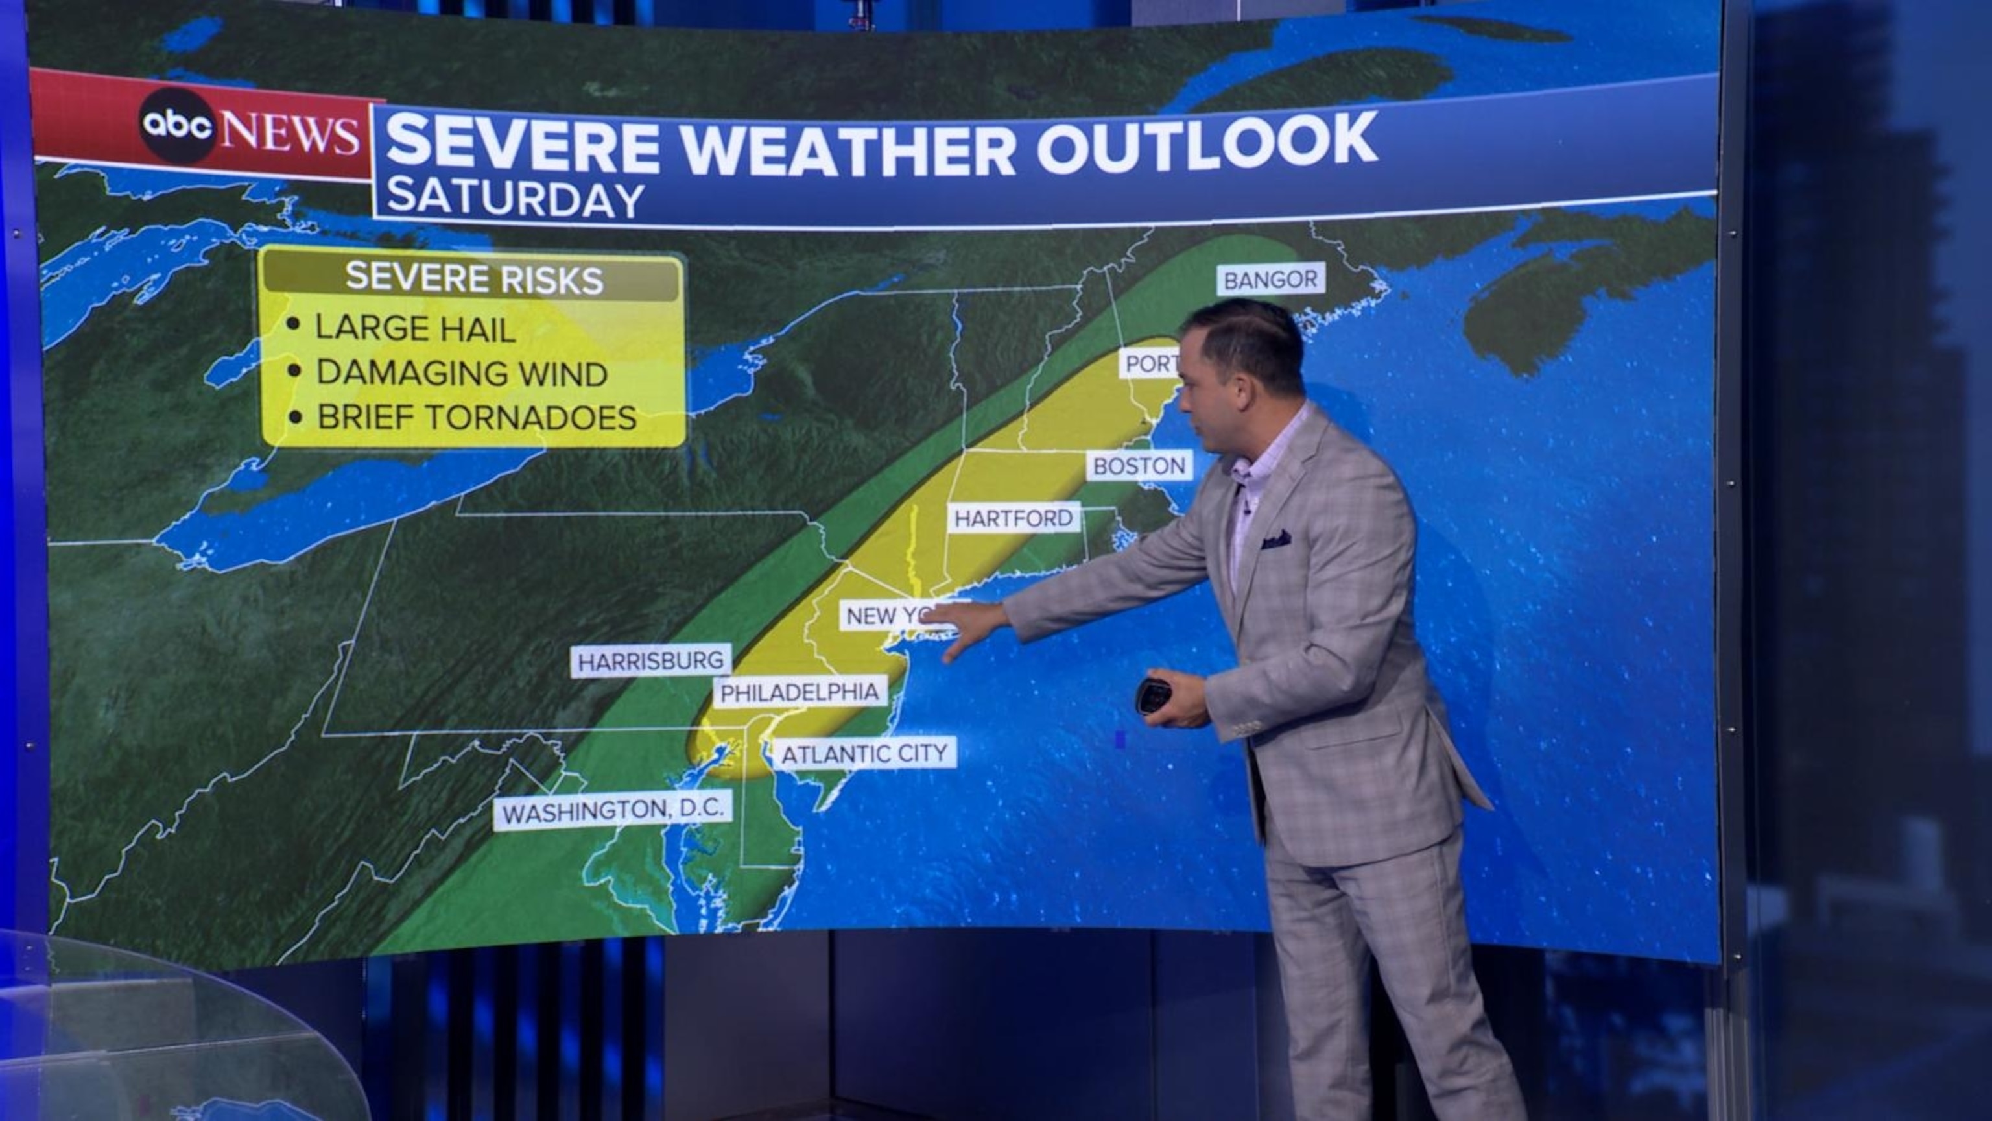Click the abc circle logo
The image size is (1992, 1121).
click(177, 125)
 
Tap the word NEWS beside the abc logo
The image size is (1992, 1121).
click(292, 132)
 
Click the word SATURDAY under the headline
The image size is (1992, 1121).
click(515, 198)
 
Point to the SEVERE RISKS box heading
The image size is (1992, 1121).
click(473, 278)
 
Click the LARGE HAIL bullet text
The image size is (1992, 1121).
click(414, 329)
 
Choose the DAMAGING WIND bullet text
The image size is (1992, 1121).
click(462, 374)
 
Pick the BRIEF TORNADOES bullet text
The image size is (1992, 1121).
click(477, 418)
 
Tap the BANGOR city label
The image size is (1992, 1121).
click(1270, 280)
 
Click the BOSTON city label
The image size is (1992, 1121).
click(1139, 466)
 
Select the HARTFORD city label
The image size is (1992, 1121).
click(1013, 518)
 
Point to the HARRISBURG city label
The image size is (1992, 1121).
click(651, 660)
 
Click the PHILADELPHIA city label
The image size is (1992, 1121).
click(800, 692)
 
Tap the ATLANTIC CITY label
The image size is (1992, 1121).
click(864, 753)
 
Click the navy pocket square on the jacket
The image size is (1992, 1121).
click(1276, 539)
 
